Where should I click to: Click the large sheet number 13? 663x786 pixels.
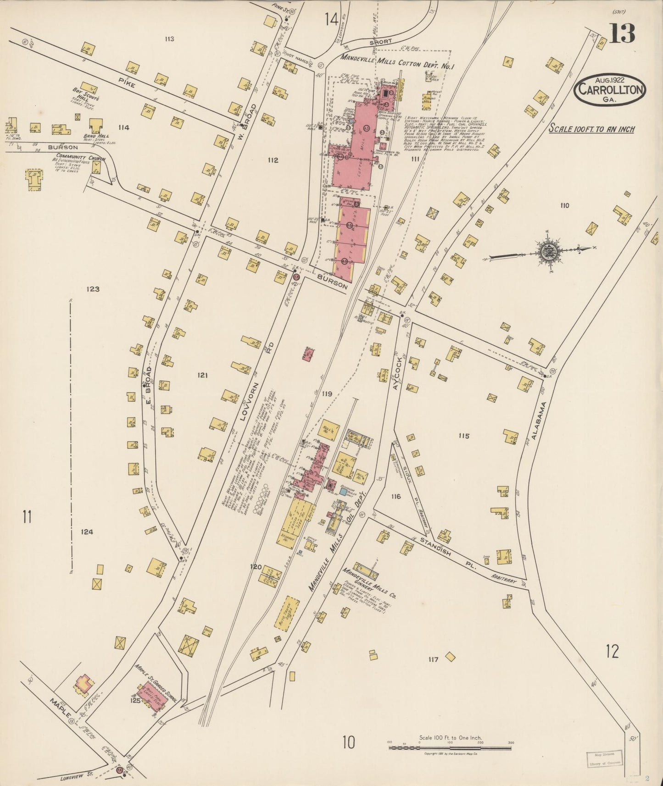tap(622, 33)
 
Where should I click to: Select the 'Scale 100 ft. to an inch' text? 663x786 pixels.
tap(592, 129)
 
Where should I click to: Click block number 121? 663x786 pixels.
tap(203, 375)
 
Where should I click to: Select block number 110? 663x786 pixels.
tap(564, 205)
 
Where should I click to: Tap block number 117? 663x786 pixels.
tap(433, 660)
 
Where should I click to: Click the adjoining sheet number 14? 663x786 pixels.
tap(331, 19)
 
